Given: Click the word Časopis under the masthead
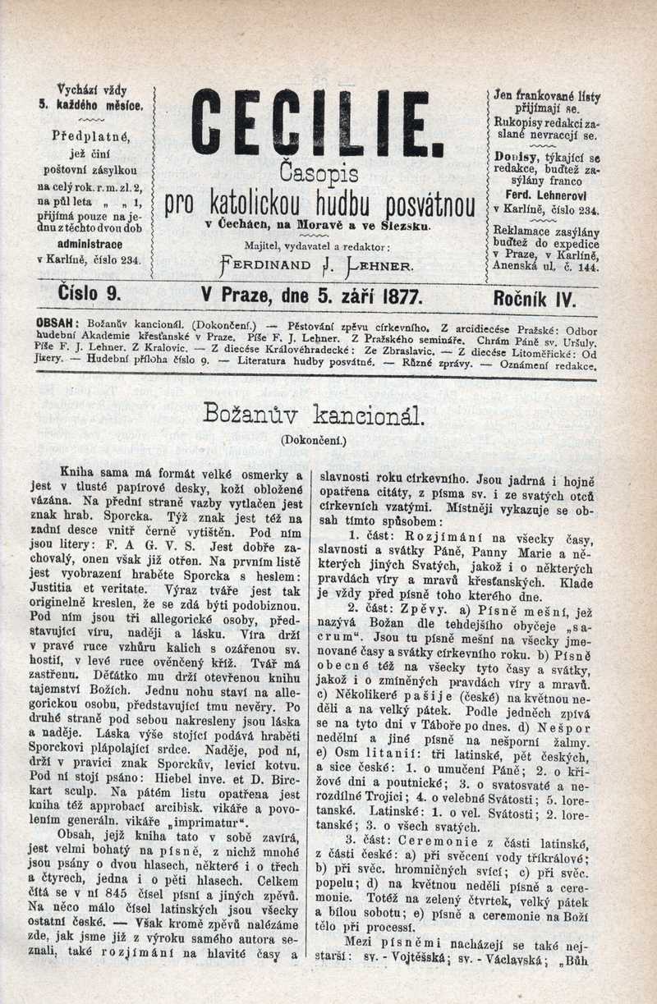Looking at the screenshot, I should point(319,173).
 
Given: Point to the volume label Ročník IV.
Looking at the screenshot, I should point(535,297).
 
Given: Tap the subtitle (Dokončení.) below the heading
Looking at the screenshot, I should point(314,440).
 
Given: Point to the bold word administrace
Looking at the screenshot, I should point(90,244).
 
